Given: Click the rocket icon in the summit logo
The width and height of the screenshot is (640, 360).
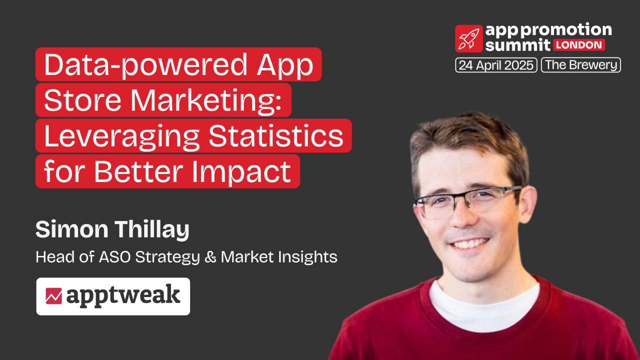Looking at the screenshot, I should pos(469,38).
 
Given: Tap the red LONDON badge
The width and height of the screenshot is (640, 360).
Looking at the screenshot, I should pos(579,45).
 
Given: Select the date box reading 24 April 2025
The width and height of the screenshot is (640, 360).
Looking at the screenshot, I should pos(496,65).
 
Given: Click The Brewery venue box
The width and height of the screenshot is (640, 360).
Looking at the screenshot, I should pos(581,65).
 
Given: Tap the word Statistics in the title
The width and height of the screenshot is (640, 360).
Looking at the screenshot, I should pos(276,136).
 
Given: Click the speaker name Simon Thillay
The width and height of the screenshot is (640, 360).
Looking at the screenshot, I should pos(113,229).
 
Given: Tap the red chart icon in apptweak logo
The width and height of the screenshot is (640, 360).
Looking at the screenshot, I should pos(54,296).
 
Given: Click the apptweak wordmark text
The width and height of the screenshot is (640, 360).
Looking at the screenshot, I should pos(123,296).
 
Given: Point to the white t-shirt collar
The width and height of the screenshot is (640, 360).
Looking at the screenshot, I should pos(483,300).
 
